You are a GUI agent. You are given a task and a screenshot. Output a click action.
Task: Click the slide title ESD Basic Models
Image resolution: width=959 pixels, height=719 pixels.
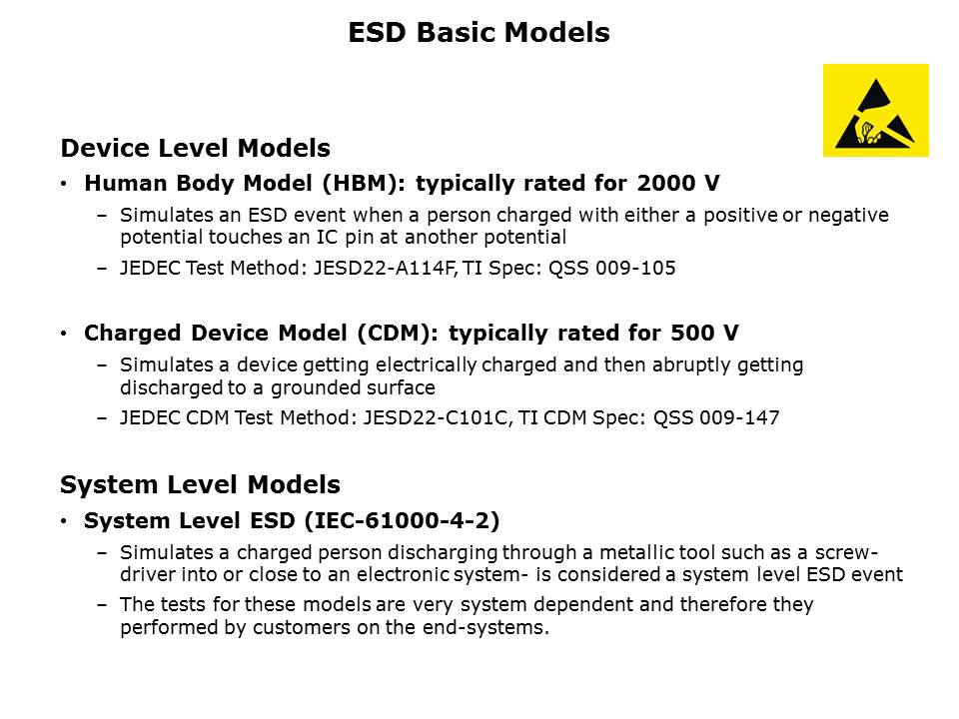click(479, 33)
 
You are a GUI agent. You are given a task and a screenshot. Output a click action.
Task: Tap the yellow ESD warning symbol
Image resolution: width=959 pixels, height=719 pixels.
click(875, 110)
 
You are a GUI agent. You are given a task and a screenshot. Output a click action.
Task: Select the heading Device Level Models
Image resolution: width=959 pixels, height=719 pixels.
click(195, 149)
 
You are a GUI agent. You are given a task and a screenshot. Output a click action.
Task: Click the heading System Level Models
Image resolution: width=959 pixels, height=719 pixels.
click(200, 485)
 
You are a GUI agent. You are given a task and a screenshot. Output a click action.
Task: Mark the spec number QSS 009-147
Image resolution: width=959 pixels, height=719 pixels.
click(716, 418)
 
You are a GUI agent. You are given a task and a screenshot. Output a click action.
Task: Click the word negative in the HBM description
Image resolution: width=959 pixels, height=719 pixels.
click(847, 215)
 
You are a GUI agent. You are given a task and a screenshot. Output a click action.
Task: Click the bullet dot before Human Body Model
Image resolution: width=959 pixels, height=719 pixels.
click(65, 185)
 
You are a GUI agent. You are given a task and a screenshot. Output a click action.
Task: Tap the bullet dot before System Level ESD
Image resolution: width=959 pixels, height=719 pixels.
click(65, 521)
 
